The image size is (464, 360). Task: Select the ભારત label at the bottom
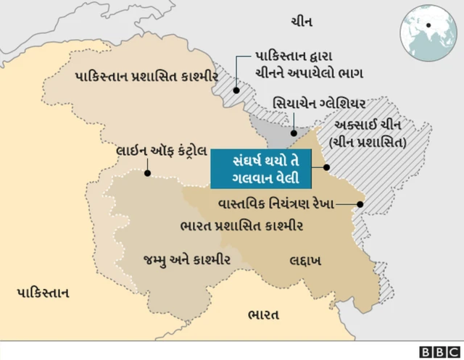263,315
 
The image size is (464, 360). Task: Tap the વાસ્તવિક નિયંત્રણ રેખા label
276,204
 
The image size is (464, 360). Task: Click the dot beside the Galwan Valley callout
327,168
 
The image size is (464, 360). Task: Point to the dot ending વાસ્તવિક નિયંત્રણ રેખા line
361,204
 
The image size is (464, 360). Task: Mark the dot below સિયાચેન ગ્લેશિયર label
292,133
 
